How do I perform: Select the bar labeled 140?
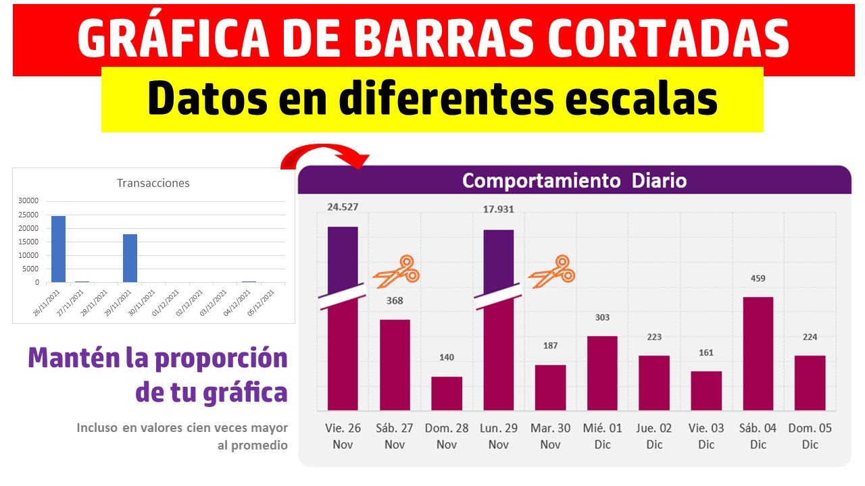coord(447,393)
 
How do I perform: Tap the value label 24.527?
coord(343,207)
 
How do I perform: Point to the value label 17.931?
coord(498,209)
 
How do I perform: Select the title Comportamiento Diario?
coord(574,181)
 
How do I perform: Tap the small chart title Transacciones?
coord(153,183)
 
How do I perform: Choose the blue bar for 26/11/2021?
coord(59,249)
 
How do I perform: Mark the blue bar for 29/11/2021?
coord(130,258)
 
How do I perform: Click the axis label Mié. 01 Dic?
coord(602,436)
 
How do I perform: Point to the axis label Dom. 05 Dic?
coord(810,436)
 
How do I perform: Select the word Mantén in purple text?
coord(73,358)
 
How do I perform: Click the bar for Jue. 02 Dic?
coord(654,383)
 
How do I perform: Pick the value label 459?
coord(758,278)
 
